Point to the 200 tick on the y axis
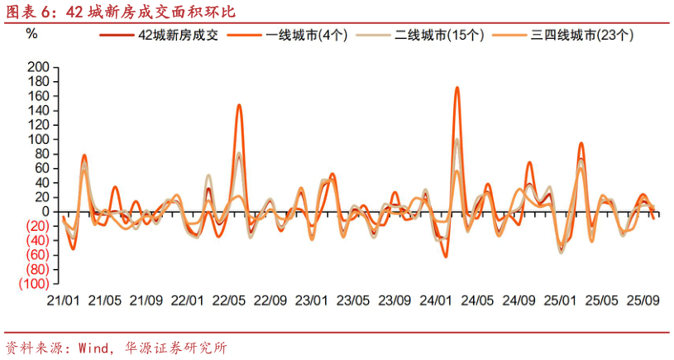pyautogui.click(x=38, y=66)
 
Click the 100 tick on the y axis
pyautogui.click(x=38, y=139)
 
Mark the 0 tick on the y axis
pyautogui.click(x=45, y=211)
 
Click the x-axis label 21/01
pyautogui.click(x=63, y=300)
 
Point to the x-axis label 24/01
pyautogui.click(x=436, y=300)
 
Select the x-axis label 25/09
pyautogui.click(x=642, y=300)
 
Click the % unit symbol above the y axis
pyautogui.click(x=31, y=33)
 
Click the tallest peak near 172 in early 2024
pyautogui.click(x=457, y=87)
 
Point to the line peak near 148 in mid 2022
pyautogui.click(x=239, y=105)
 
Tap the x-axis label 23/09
pyautogui.click(x=394, y=300)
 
